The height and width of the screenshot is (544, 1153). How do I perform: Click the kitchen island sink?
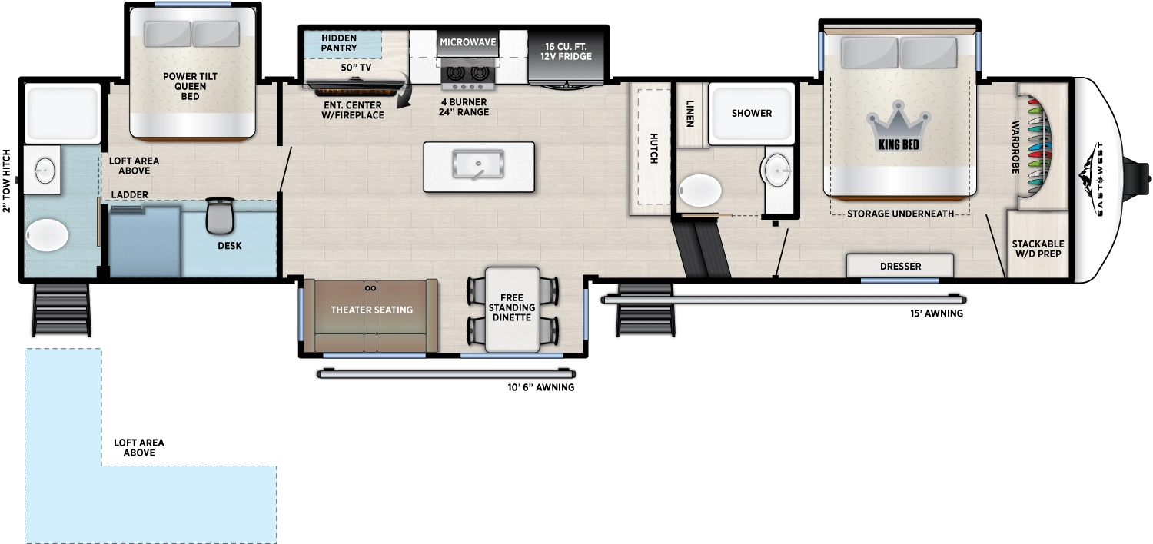pyautogui.click(x=478, y=163)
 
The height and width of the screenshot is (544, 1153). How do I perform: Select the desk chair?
pyautogui.click(x=218, y=216)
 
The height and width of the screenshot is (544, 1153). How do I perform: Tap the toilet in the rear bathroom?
pyautogui.click(x=47, y=235)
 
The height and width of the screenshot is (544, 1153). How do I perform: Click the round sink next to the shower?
pyautogui.click(x=778, y=166)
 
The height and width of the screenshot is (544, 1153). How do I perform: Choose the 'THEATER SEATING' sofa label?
pyautogui.click(x=372, y=310)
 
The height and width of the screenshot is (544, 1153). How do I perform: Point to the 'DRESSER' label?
pyautogui.click(x=901, y=267)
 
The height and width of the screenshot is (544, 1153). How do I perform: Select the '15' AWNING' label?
pyautogui.click(x=935, y=313)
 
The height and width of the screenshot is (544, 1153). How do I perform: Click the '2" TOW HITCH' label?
pyautogui.click(x=7, y=181)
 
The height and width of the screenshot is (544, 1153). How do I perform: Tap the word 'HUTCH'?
pyautogui.click(x=653, y=148)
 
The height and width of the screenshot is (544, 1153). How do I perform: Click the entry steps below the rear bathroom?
pyautogui.click(x=61, y=309)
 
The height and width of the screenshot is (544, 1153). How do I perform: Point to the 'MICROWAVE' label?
pyautogui.click(x=468, y=41)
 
